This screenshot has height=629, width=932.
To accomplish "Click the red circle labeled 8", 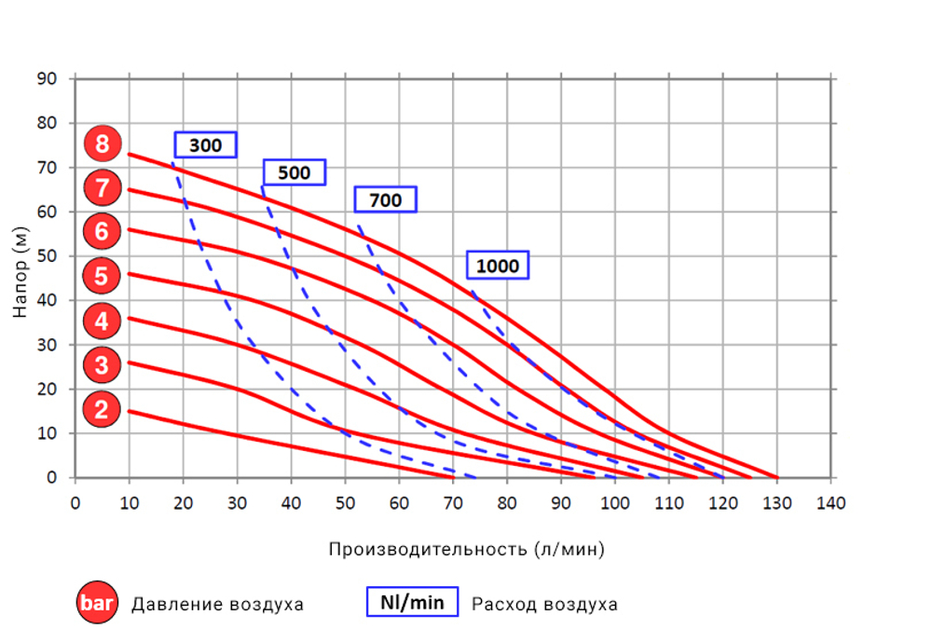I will (102, 144).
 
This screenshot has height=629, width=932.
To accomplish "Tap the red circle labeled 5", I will (102, 276).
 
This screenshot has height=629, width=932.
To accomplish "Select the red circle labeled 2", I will (102, 409).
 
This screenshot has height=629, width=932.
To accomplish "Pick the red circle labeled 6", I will (102, 230).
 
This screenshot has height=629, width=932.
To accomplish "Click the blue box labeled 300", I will (205, 145).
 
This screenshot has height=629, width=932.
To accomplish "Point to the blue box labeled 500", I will (294, 172).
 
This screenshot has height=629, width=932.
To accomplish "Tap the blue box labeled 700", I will (385, 200).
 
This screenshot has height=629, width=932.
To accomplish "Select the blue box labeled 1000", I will (497, 266).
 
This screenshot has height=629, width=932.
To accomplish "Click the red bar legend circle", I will (96, 603).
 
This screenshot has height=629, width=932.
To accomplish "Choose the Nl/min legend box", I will (412, 602).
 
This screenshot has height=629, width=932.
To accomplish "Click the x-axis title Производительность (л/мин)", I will (466, 549).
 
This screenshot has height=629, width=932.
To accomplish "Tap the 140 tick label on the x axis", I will (830, 503).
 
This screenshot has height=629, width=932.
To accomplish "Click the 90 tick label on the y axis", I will (48, 79).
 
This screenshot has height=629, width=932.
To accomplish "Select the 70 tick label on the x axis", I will (453, 503).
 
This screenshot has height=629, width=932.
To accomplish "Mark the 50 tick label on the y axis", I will (48, 256).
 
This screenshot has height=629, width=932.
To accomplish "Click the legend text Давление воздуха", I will (217, 604).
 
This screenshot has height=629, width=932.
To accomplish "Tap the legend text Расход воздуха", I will (544, 604).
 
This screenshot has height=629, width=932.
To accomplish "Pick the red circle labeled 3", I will (102, 365).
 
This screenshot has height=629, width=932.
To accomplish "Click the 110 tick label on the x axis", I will (668, 503).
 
